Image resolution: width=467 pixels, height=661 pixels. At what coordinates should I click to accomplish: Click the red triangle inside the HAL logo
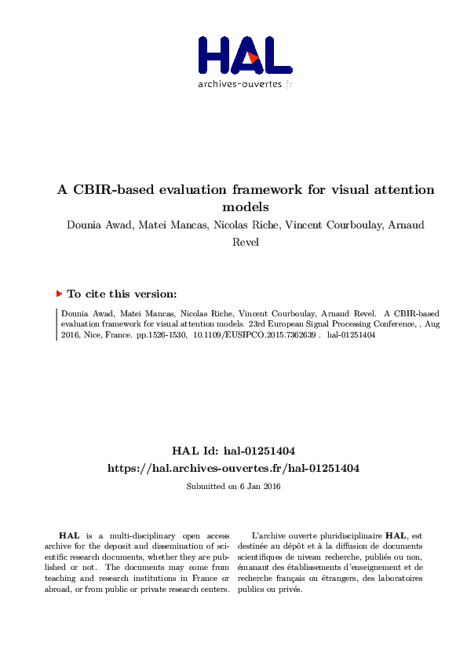(251, 57)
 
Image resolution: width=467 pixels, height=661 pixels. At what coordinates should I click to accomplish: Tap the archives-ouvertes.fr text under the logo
(245, 84)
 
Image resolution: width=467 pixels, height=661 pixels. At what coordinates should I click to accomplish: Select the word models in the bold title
(246, 207)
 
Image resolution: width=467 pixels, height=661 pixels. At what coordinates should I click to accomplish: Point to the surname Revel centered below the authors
(246, 242)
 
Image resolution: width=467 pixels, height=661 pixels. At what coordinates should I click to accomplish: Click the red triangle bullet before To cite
(59, 294)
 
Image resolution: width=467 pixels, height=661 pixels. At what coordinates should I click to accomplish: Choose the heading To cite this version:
(122, 294)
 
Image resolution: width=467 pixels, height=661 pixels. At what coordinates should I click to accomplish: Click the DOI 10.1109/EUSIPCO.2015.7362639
(254, 334)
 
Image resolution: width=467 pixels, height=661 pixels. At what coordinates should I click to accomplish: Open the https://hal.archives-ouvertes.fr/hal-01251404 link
(233, 468)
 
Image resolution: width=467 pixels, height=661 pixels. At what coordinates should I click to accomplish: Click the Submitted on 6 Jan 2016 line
(233, 487)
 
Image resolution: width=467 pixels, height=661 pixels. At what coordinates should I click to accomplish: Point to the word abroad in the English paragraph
(59, 590)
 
